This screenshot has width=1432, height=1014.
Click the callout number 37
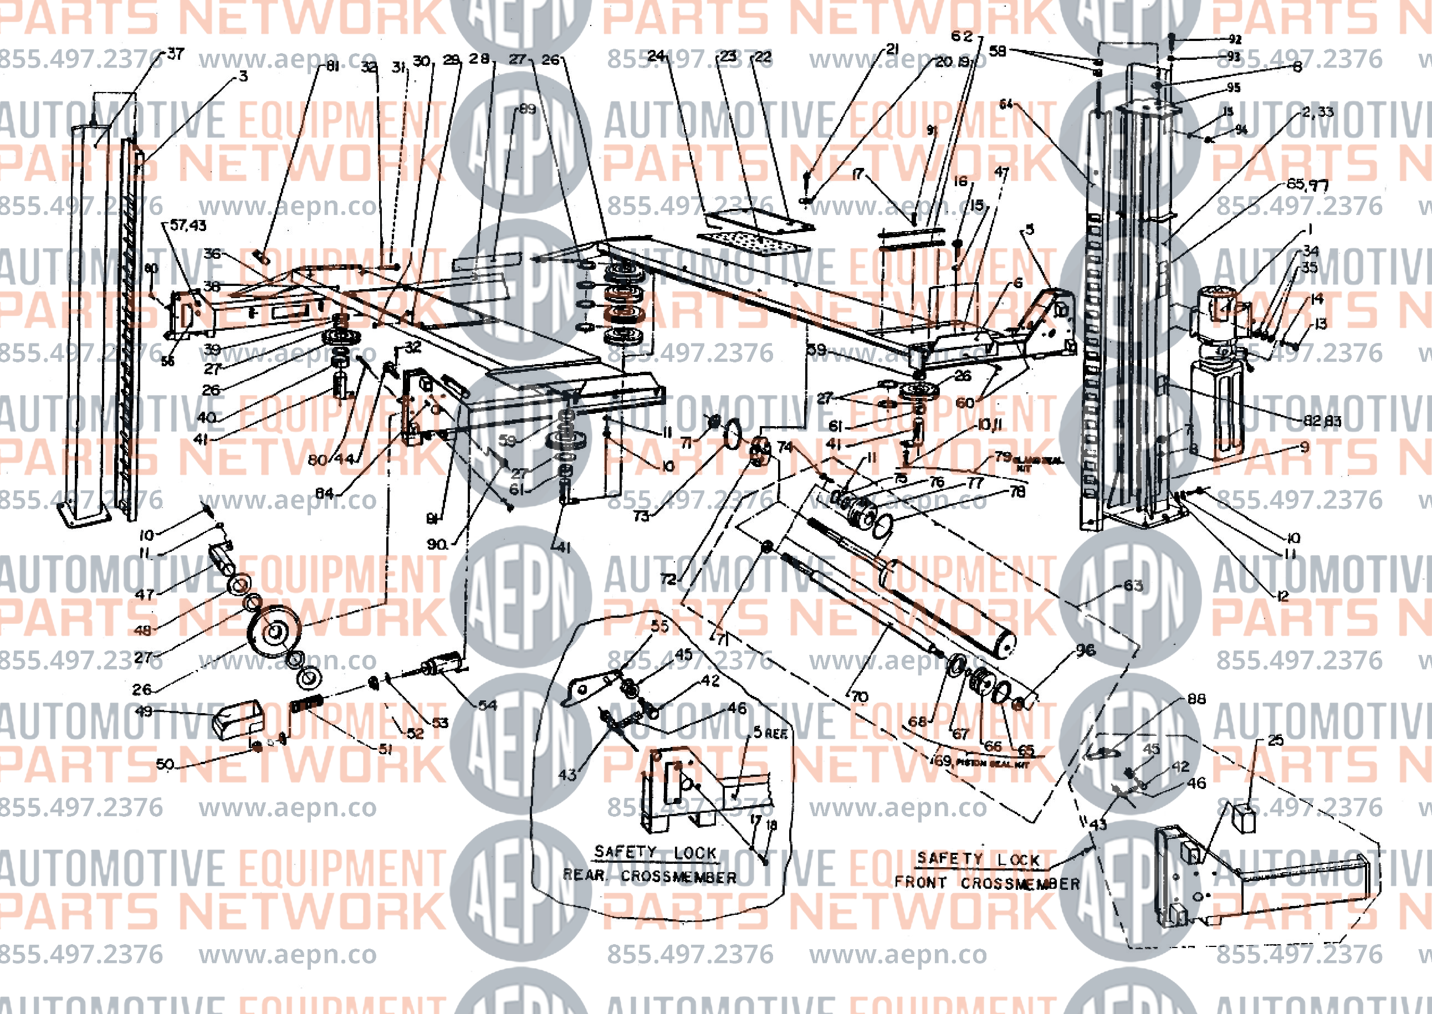click(x=176, y=54)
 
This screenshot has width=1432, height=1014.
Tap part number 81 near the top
click(x=333, y=65)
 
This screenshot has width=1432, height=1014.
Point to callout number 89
click(x=527, y=109)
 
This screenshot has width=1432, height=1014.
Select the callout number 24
click(x=656, y=56)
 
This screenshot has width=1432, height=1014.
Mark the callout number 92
click(x=1235, y=39)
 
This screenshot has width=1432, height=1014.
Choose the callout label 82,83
click(x=1322, y=421)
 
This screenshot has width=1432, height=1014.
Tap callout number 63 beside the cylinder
click(x=1133, y=586)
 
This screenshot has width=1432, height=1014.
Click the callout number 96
click(x=1086, y=650)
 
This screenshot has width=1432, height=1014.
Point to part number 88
click(x=1196, y=699)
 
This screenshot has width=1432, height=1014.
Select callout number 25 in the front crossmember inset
click(x=1275, y=740)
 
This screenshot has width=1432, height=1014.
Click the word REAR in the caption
click(x=584, y=875)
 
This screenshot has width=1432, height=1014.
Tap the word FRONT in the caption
click(x=920, y=882)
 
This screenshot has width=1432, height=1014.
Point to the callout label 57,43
click(x=188, y=225)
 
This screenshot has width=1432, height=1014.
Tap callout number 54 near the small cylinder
click(x=487, y=705)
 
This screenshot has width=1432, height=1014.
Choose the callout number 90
click(x=437, y=544)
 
